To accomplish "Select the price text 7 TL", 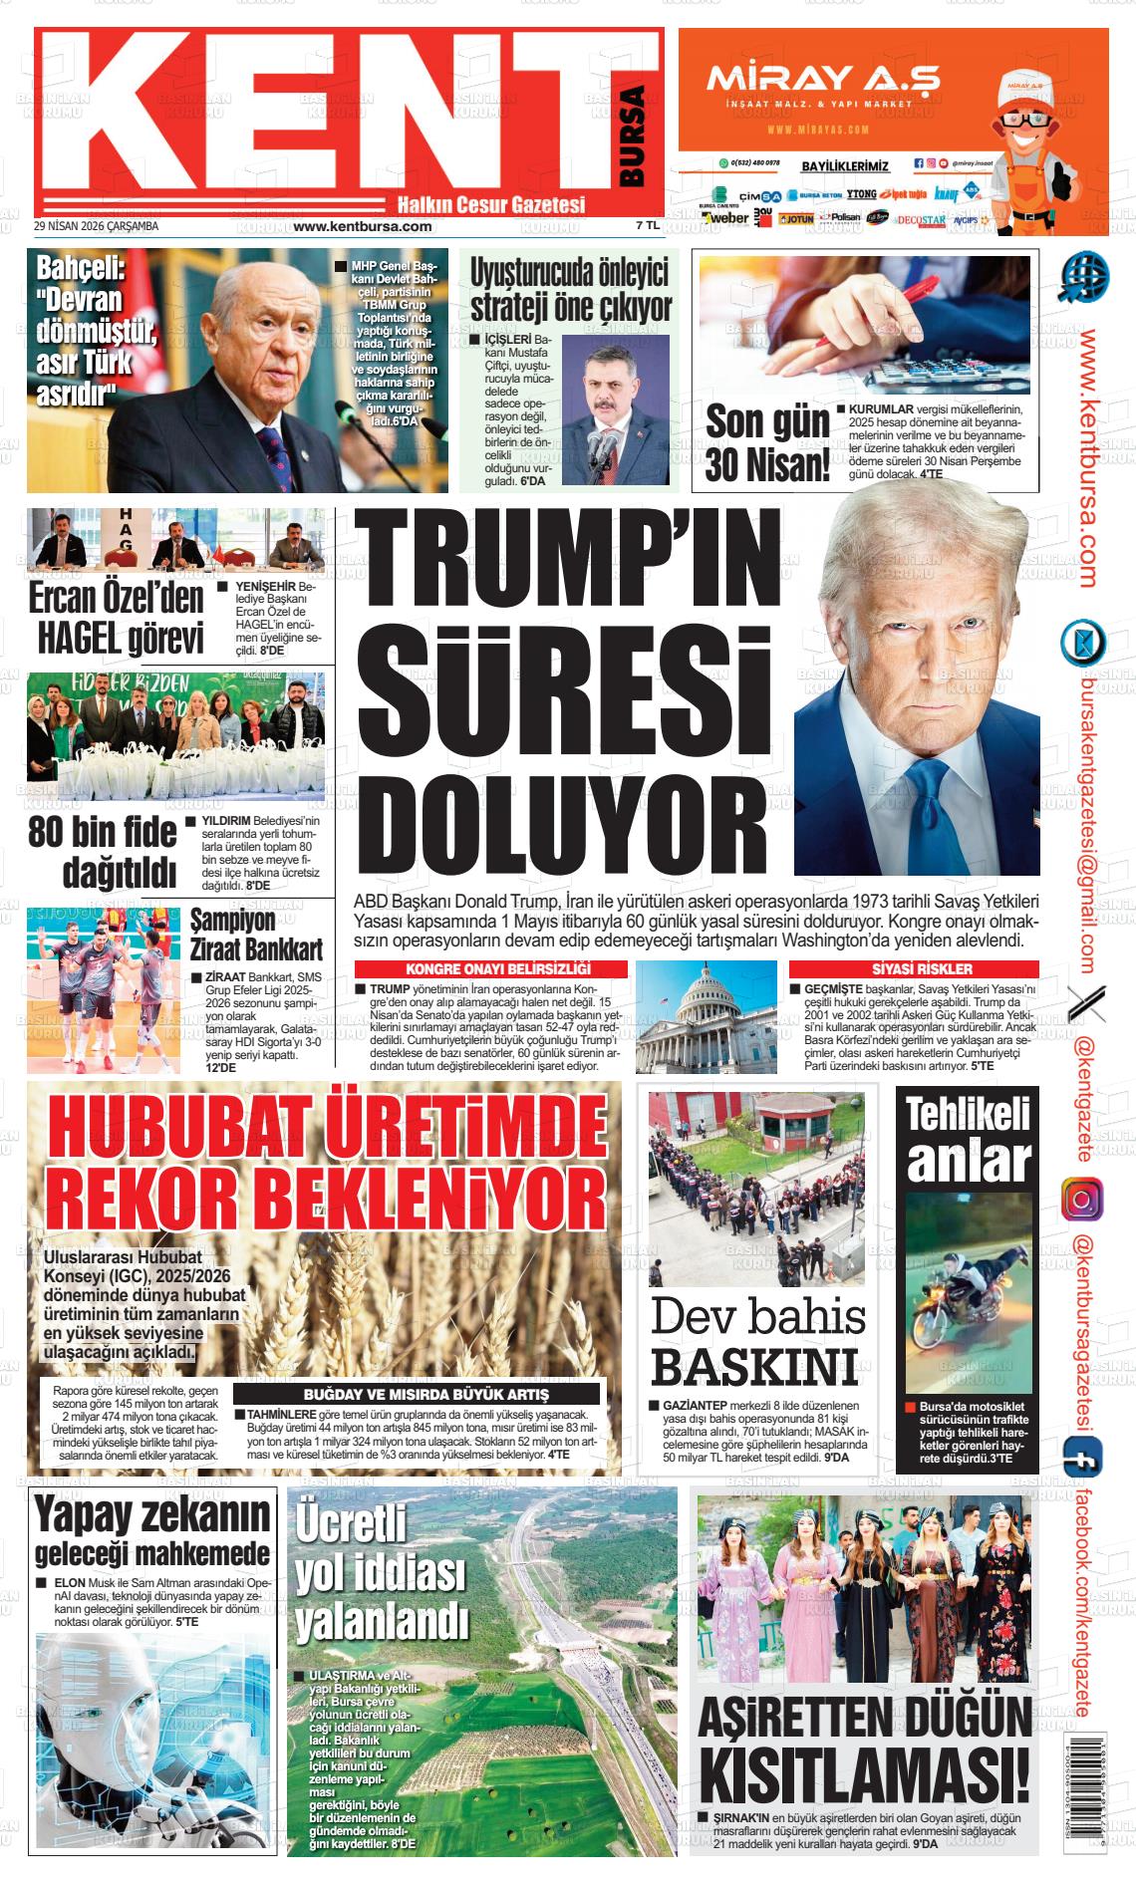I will pyautogui.click(x=647, y=226).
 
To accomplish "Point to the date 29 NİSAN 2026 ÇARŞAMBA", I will pyautogui.click(x=96, y=226).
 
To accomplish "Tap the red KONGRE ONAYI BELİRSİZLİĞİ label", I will pyautogui.click(x=491, y=968).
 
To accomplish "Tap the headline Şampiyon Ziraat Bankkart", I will pyautogui.click(x=256, y=933).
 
